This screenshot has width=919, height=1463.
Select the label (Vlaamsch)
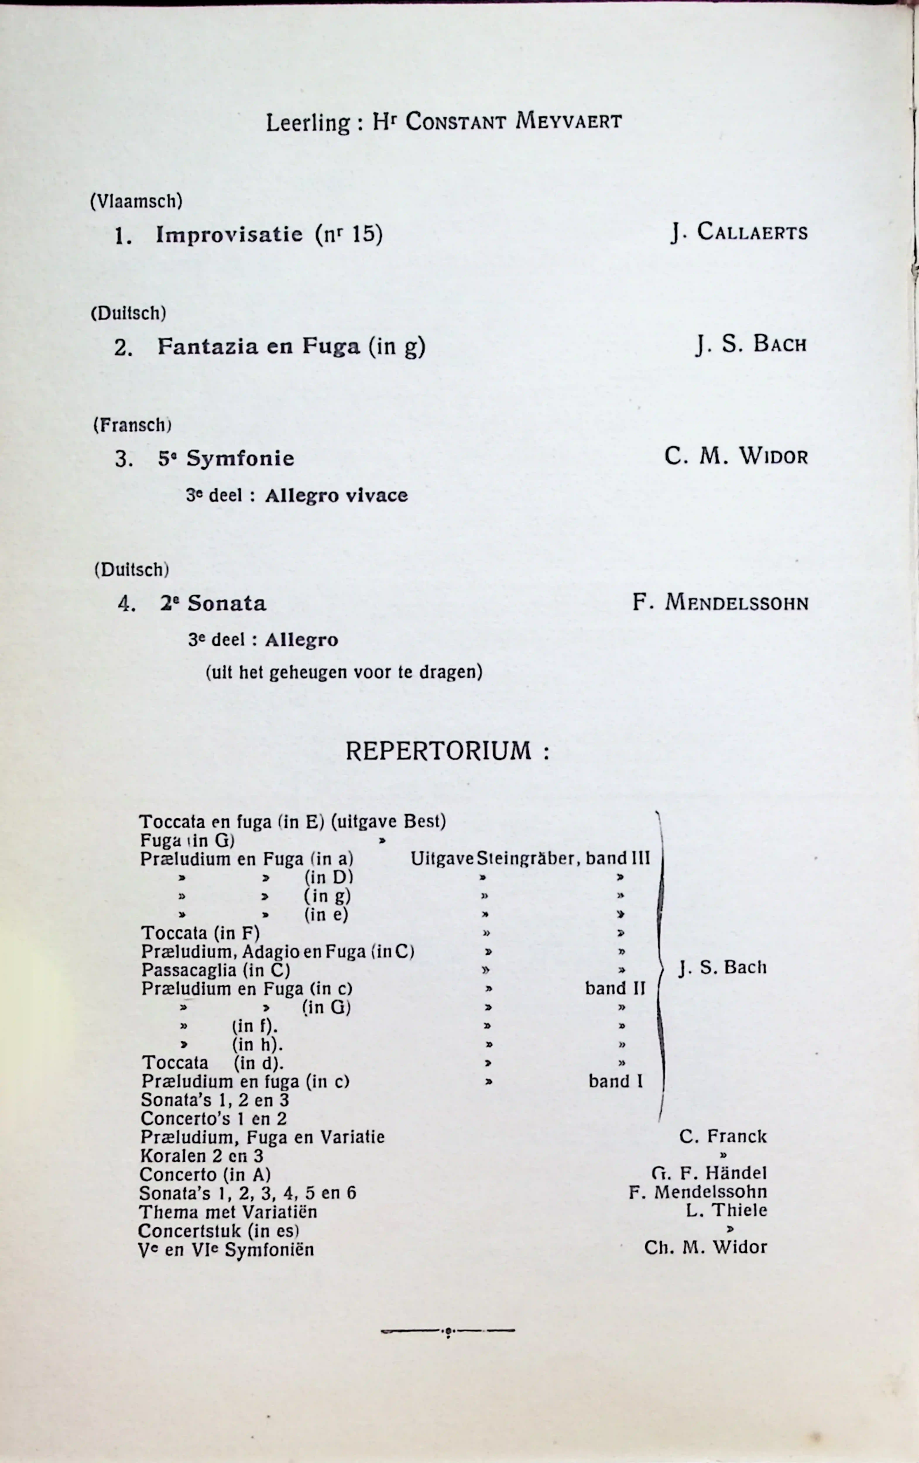136,201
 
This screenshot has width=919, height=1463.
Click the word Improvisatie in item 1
229,235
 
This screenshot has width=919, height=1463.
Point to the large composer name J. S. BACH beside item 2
751,345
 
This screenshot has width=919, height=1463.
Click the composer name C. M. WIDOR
736,456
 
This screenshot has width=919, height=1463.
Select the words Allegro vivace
336,496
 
